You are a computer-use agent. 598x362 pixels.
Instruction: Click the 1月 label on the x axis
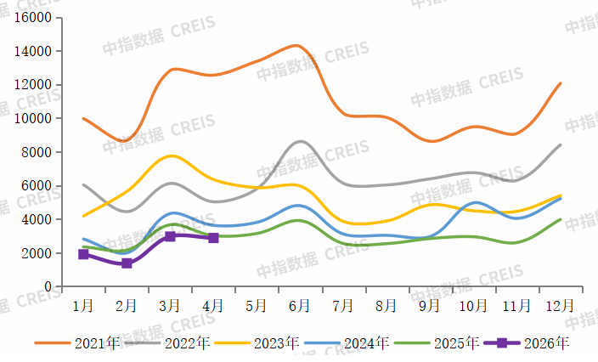[x=83, y=304]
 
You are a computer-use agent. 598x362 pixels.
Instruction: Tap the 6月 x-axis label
[x=299, y=304]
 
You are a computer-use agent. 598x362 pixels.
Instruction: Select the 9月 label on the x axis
[x=429, y=304]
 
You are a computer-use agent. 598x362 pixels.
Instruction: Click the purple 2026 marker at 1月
[x=83, y=254]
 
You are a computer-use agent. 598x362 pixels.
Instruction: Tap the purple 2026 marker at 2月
[x=127, y=263]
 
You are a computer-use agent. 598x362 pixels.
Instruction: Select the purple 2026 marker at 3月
[x=170, y=236]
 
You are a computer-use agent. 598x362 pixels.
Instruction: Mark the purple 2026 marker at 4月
[x=213, y=238]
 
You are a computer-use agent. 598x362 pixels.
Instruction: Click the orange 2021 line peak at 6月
[x=296, y=45]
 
